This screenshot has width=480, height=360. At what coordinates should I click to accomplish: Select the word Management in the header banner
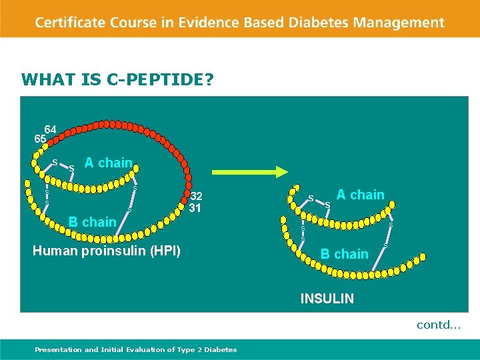click(399, 22)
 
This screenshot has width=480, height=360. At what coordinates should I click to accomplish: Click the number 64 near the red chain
click(51, 129)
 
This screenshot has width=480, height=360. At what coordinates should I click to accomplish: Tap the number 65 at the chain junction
click(40, 139)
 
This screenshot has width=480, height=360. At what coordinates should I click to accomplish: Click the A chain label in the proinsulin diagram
click(108, 163)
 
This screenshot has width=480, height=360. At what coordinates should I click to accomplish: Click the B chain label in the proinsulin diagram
click(93, 222)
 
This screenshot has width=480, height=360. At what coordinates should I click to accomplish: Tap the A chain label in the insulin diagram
click(360, 195)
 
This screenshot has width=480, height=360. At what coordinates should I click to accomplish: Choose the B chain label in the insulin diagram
click(344, 254)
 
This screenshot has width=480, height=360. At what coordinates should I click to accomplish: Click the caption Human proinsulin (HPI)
click(106, 251)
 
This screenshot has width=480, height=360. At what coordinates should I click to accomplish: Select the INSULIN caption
click(327, 299)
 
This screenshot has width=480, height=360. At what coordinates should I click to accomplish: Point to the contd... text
click(439, 325)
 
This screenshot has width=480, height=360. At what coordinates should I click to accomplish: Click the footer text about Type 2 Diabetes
click(136, 349)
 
